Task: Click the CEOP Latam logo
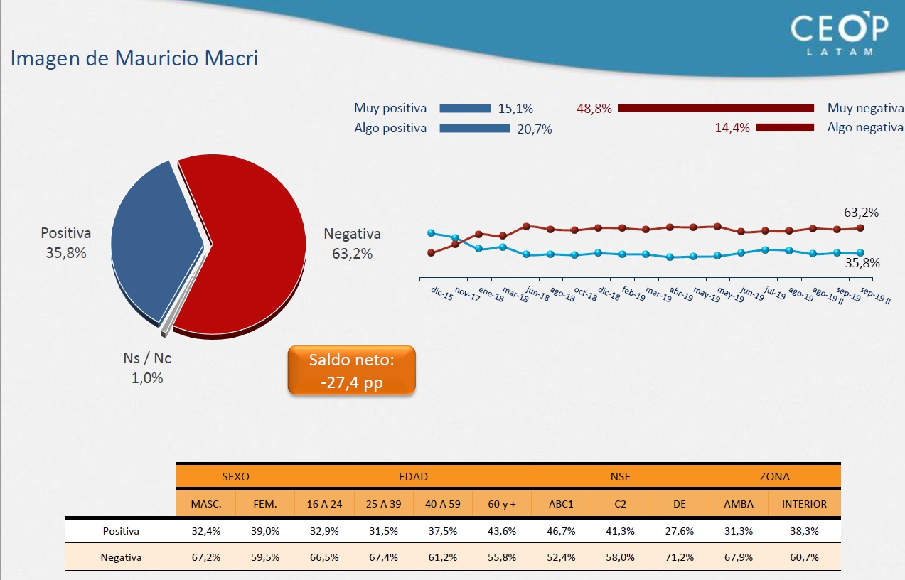coord(840,33)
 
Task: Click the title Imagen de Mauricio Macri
coord(134,58)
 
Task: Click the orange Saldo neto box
coord(351,370)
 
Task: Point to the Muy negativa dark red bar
coord(716,108)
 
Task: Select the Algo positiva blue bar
coord(474,129)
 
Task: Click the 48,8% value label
coord(594,109)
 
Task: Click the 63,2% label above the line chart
coord(862,212)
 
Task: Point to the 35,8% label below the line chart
coord(862,263)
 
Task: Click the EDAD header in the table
coord(413,476)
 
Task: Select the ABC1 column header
coord(561,504)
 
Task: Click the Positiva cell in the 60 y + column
coord(502,531)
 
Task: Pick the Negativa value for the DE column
coord(679,557)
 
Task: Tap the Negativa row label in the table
coord(121,557)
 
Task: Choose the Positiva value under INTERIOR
coord(804,531)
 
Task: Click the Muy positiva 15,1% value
coord(515,109)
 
